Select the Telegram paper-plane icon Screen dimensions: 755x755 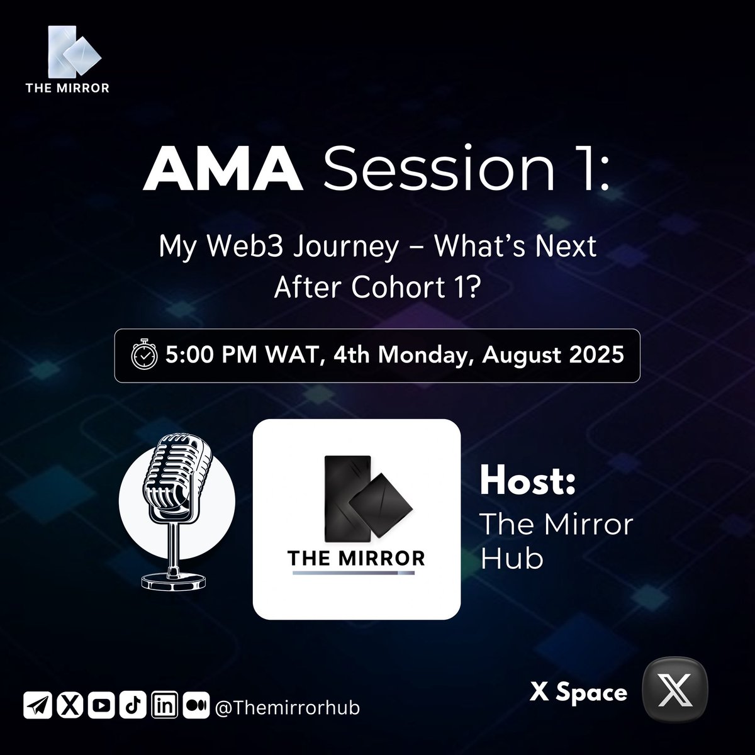click(36, 707)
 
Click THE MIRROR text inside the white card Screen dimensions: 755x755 click(356, 558)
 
